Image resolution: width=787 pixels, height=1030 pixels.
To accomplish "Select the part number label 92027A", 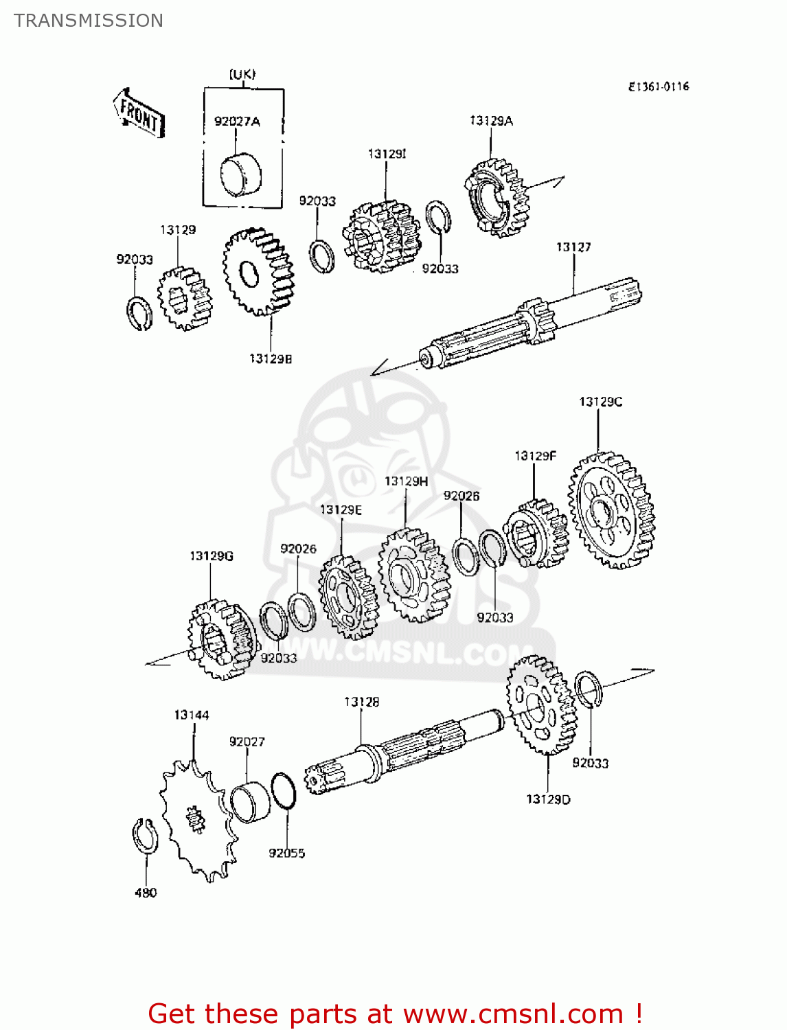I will pyautogui.click(x=237, y=122).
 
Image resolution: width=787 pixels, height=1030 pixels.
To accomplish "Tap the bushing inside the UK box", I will pyautogui.click(x=240, y=174).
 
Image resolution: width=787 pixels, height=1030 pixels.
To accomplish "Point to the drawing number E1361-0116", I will pyautogui.click(x=659, y=87).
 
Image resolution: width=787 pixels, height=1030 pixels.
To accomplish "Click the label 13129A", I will pyautogui.click(x=491, y=121).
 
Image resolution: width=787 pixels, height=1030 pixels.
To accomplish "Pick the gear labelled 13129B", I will pyautogui.click(x=259, y=272).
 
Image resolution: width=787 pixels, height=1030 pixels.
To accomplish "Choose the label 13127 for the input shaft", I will pyautogui.click(x=573, y=247).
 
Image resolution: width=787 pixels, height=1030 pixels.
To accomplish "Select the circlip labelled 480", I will pyautogui.click(x=145, y=837).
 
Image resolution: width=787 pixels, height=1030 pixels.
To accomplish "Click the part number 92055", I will pyautogui.click(x=286, y=854).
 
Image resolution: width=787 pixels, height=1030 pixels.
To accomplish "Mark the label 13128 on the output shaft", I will pyautogui.click(x=361, y=702).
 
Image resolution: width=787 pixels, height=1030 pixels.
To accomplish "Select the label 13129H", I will pyautogui.click(x=406, y=481).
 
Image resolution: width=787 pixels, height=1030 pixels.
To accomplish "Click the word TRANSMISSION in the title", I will pyautogui.click(x=89, y=21).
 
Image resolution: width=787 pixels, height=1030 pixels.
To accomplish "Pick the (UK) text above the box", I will pyautogui.click(x=242, y=74).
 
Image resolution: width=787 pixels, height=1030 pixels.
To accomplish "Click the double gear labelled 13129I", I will pyautogui.click(x=382, y=236).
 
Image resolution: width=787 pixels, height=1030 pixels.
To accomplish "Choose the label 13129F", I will pyautogui.click(x=535, y=456).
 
